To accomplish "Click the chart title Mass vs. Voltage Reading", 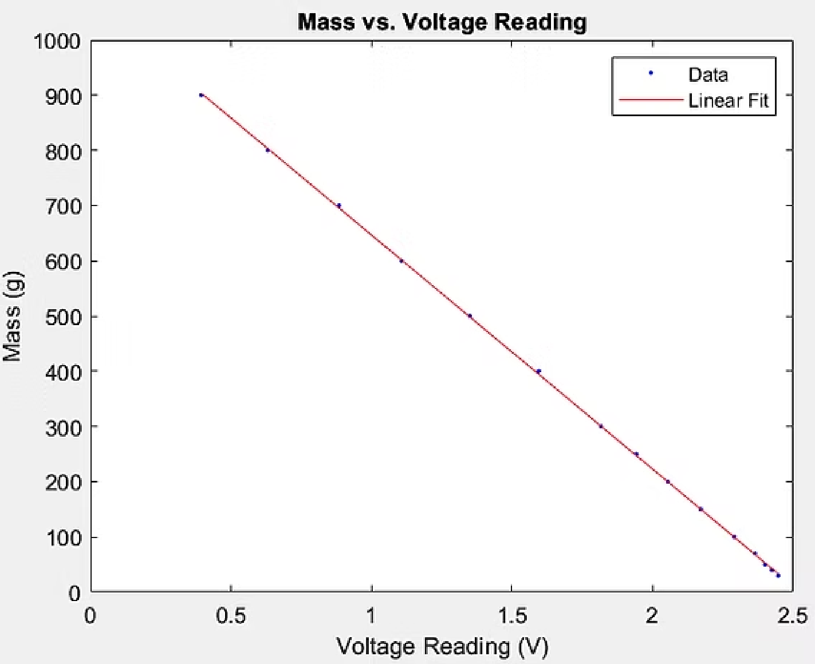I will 442,22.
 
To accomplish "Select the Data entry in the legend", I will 708,74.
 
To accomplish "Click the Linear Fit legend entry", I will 727,101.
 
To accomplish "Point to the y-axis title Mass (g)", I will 13,316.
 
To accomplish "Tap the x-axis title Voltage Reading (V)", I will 442,646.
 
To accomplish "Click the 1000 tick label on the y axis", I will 57,41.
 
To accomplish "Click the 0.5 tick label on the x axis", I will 231,616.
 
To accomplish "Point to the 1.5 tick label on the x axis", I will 512,616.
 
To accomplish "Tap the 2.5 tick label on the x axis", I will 793,616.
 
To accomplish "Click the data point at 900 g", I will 201,95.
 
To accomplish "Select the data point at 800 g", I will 267,150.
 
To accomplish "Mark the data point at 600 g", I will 401,261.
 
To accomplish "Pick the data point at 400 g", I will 538,371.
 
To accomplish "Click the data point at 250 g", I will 636,454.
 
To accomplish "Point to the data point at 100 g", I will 734,537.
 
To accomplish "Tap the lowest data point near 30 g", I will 778,575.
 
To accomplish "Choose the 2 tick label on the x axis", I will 652,616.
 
